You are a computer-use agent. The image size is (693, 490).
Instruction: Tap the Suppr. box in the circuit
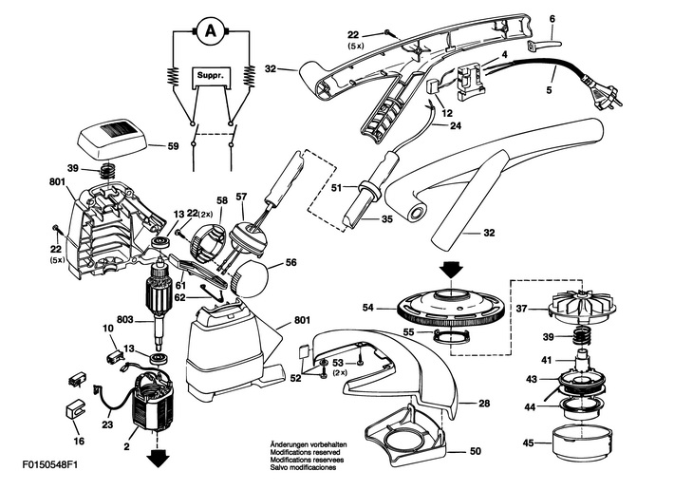[211, 76]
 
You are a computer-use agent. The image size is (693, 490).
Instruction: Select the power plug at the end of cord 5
[604, 93]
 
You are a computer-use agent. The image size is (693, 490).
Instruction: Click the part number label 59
[173, 145]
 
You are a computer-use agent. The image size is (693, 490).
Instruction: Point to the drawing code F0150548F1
[49, 465]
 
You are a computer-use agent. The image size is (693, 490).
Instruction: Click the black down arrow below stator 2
[158, 458]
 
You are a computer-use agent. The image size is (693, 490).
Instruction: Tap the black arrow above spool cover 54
[450, 270]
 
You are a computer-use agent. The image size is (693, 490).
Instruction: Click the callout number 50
[475, 451]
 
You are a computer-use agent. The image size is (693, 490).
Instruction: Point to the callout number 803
[125, 319]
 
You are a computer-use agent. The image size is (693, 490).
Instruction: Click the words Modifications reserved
[305, 452]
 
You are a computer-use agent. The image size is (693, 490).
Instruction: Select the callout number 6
[553, 19]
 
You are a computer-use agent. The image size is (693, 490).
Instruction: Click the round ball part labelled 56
[251, 278]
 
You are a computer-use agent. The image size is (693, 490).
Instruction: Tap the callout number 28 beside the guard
[484, 404]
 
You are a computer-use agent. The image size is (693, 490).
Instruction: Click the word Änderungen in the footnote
[289, 444]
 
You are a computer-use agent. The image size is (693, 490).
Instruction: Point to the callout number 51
[337, 187]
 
